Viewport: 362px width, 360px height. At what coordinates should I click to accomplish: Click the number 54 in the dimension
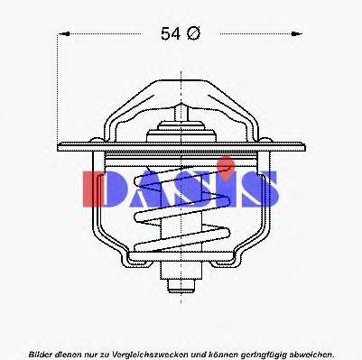(170, 34)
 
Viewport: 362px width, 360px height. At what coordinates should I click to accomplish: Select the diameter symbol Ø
(192, 34)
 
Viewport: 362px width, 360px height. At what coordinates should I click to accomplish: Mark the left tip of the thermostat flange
(59, 144)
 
